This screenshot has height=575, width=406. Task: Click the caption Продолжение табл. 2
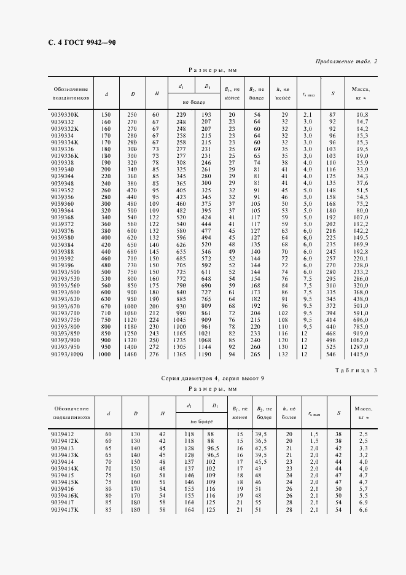pos(346,61)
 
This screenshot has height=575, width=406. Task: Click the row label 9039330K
pos(68,115)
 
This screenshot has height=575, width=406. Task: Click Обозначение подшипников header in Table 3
pos(71,412)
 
